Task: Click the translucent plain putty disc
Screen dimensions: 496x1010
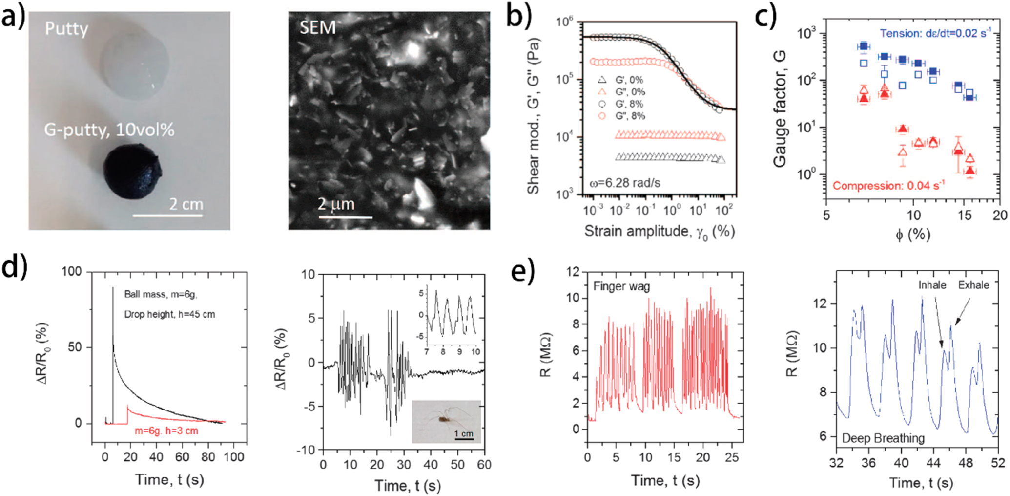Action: [x=135, y=64]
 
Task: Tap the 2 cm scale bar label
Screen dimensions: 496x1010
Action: [x=186, y=204]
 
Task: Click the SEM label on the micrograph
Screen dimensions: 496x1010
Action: [x=317, y=28]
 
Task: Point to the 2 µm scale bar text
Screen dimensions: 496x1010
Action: [x=336, y=203]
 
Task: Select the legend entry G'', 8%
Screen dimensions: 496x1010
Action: [x=629, y=116]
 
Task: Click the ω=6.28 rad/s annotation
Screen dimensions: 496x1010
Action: [x=625, y=183]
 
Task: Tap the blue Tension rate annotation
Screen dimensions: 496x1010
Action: [x=935, y=33]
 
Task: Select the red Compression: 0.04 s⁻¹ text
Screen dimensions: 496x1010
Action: [x=888, y=186]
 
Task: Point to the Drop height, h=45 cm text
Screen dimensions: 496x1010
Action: [x=169, y=314]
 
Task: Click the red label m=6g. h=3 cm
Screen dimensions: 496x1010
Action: [x=166, y=431]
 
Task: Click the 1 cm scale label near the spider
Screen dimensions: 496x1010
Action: [x=463, y=433]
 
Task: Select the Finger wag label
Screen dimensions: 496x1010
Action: [x=621, y=286]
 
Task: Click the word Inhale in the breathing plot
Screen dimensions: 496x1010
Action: [x=932, y=285]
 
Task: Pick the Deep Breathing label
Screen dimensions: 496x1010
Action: [x=883, y=438]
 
